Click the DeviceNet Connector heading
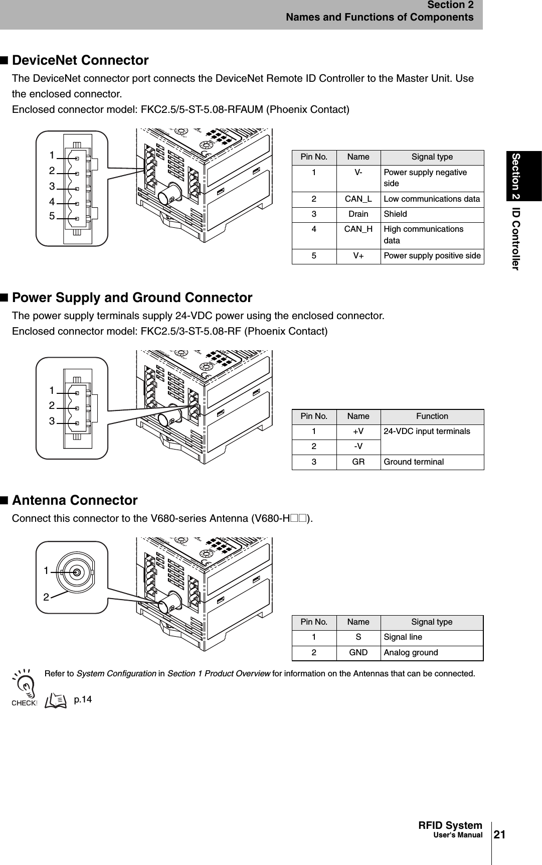pos(80,61)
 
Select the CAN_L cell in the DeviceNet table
pos(358,199)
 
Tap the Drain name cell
pos(358,214)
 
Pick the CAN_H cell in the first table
pos(358,229)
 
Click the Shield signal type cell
pos(396,214)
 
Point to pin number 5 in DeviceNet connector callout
pos(52,216)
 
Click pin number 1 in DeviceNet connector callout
pos(52,155)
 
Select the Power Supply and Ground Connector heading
pos(132,298)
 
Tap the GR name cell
pos(358,462)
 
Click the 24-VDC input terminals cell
pos(427,431)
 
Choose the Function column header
pos(432,416)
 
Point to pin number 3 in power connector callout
pos(52,421)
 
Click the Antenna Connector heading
pos(75,501)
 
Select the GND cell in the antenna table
pos(358,653)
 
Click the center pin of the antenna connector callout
pos(77,572)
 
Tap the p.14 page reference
pos(83,699)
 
